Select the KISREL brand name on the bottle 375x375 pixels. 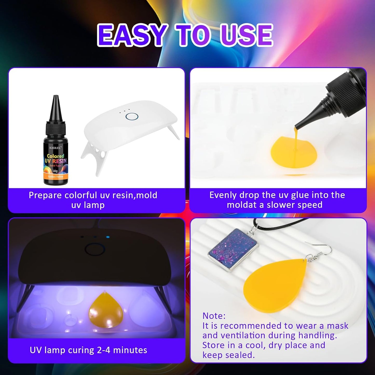coord(55,148)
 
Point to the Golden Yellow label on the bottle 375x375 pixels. coord(56,177)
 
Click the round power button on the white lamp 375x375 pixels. coord(132,116)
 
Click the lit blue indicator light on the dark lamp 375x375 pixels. coord(108,237)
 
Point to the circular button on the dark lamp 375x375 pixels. coord(95,250)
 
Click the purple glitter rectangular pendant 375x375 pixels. coord(233,249)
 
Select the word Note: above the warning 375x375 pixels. coord(214,316)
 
